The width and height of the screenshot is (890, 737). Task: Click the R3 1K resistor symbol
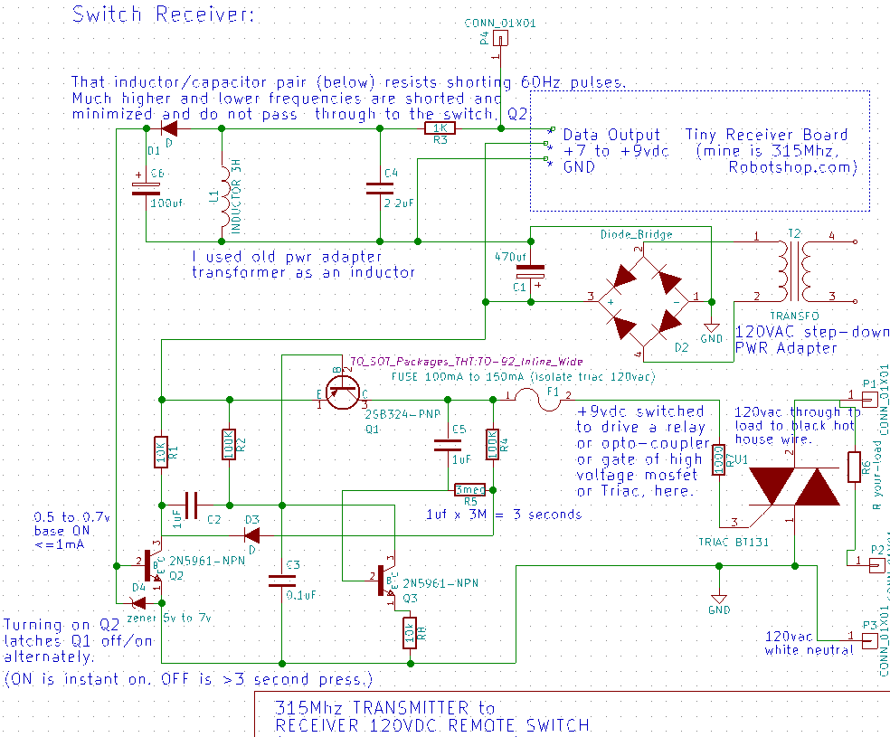coord(440,129)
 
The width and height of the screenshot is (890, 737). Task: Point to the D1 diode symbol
coord(167,129)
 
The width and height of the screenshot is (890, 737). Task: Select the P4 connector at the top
coord(500,39)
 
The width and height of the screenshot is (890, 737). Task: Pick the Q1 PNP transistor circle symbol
coord(342,391)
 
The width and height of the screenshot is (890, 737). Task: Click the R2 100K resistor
coord(229,445)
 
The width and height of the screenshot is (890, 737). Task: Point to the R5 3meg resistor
coord(470,488)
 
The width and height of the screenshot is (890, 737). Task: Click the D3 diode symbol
coord(251,534)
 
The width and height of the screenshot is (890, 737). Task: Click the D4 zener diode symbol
coord(138,600)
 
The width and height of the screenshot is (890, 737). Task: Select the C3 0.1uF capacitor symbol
coord(282,583)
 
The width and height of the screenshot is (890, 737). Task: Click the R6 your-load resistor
coord(854,467)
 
